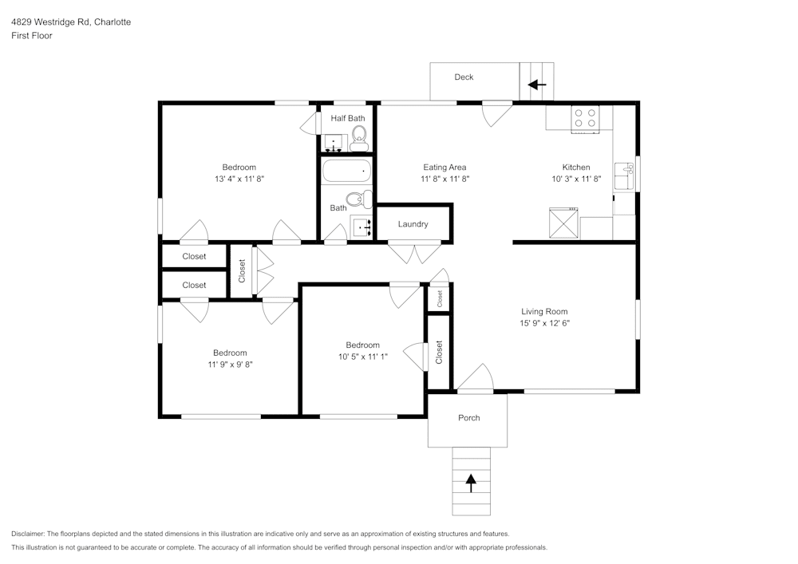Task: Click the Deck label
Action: [x=464, y=77]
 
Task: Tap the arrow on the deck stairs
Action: [x=537, y=84]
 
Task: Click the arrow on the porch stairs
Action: [x=471, y=481]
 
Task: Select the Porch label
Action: [x=468, y=418]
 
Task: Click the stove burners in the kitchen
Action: [x=585, y=118]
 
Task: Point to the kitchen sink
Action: [x=626, y=176]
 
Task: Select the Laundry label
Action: [x=413, y=224]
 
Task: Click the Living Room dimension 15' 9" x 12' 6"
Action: [x=545, y=323]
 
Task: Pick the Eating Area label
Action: [x=444, y=168]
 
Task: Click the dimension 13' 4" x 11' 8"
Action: [x=239, y=179]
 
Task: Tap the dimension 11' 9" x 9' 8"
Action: [x=229, y=364]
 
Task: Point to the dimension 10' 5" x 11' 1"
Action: [x=363, y=357]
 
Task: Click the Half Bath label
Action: [x=348, y=118]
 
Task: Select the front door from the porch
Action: [x=476, y=381]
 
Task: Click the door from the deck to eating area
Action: [x=497, y=112]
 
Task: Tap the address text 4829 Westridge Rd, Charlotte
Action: [x=71, y=22]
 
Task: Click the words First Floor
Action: [x=32, y=36]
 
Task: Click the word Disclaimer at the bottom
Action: [x=28, y=534]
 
